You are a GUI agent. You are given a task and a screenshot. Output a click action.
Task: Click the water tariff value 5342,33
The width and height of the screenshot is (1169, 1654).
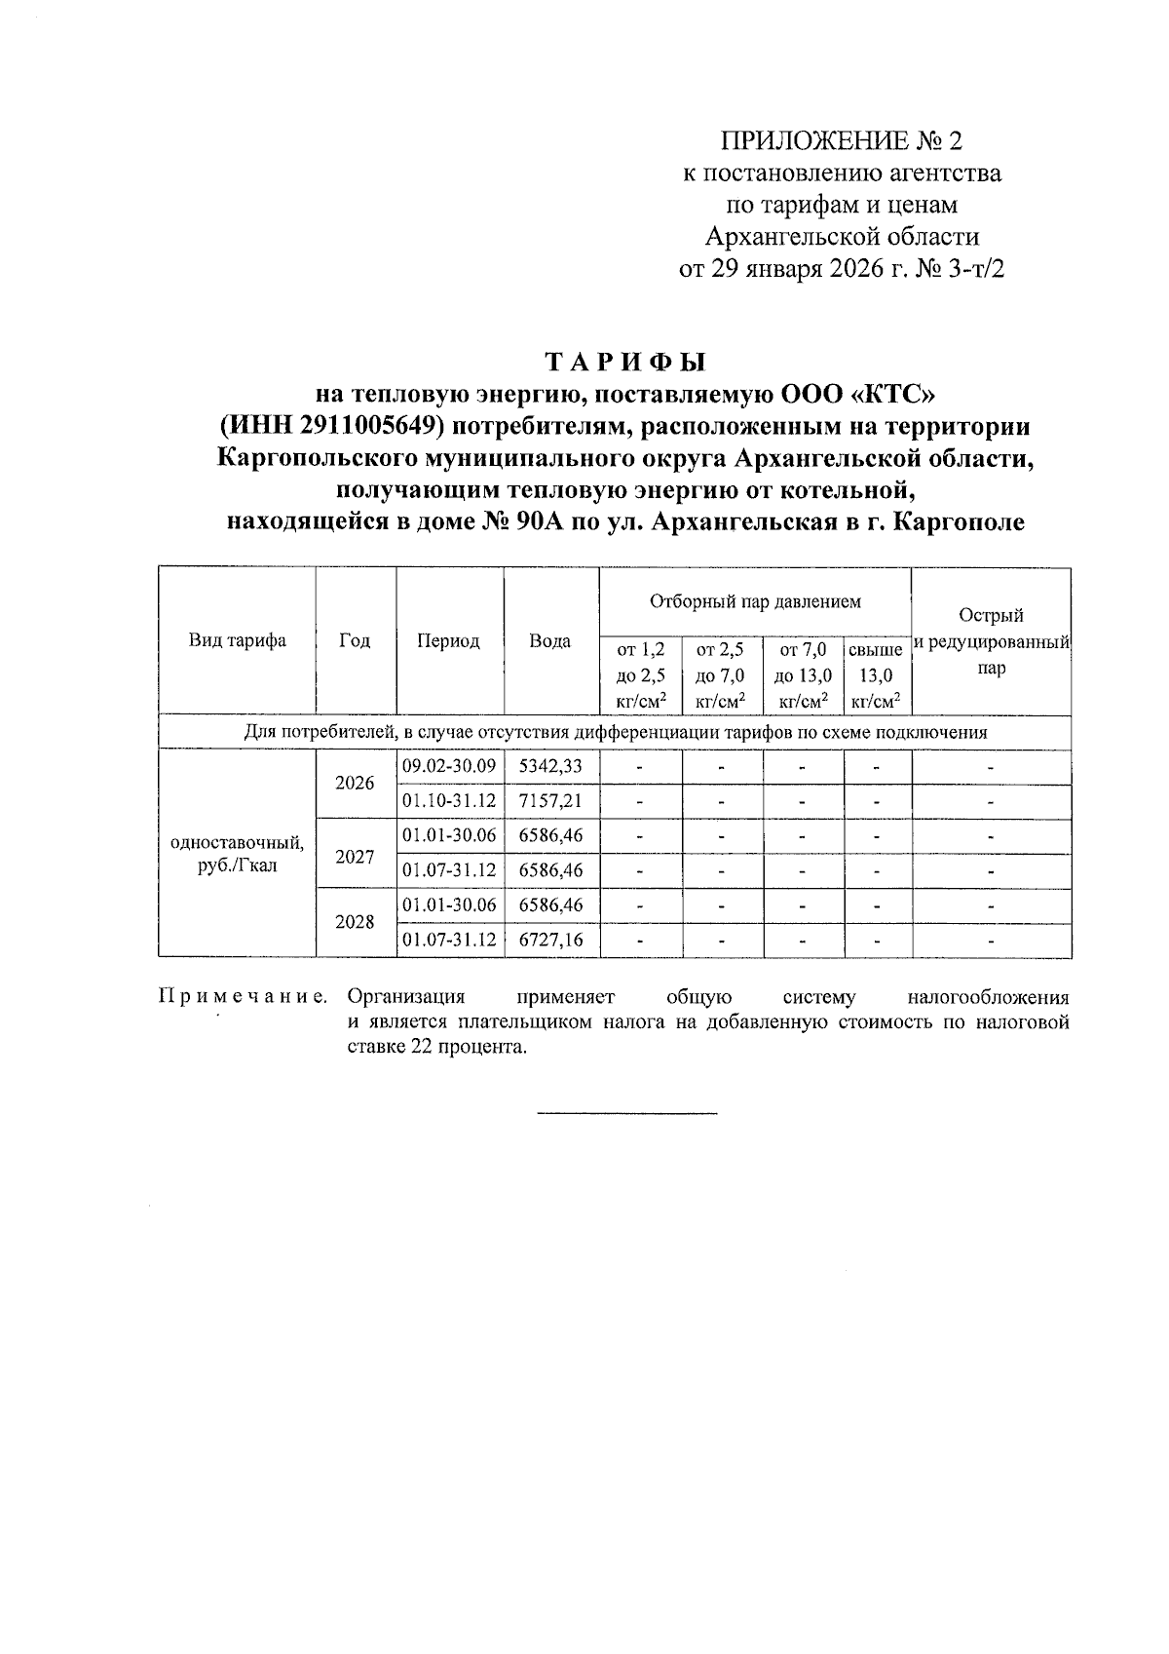coord(550,766)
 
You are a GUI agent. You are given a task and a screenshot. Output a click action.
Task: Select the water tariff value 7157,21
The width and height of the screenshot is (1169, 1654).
coord(550,801)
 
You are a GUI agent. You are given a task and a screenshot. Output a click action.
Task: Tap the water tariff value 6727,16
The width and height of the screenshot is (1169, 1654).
coord(550,940)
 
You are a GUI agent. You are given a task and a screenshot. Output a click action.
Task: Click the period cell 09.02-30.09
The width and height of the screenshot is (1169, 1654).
coord(449,766)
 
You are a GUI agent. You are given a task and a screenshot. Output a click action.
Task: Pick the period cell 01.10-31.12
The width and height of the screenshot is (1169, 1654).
coord(449,801)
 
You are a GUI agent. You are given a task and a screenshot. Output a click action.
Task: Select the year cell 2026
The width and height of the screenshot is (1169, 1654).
coord(355,783)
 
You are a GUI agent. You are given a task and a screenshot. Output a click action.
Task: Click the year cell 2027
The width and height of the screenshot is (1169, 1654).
coord(355,857)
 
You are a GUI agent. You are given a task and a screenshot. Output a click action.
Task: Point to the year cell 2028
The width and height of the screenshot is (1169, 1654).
coord(355,921)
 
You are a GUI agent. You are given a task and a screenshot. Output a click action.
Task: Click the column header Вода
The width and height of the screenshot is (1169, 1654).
coord(550,641)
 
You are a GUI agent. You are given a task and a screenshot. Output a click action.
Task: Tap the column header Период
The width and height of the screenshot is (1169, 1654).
coord(448,641)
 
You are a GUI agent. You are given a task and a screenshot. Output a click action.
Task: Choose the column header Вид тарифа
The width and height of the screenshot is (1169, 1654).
coord(237,641)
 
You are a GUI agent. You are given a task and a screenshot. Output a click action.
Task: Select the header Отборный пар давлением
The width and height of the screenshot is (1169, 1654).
coord(755,601)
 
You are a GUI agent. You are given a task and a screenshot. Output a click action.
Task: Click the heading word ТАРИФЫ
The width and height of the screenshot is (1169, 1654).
coord(623,362)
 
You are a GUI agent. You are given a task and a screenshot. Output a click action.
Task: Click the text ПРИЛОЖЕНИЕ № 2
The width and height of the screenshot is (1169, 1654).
coord(840,141)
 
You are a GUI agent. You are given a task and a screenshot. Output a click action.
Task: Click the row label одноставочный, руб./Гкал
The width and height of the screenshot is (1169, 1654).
coord(237,853)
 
